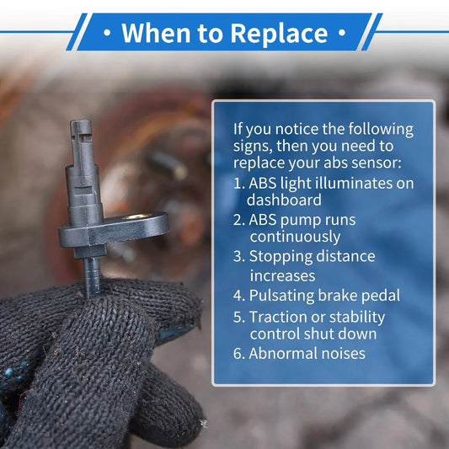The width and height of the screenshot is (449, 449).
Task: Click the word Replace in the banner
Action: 279,34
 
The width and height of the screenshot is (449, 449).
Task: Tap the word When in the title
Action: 156,33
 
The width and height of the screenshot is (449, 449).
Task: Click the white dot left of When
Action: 107,33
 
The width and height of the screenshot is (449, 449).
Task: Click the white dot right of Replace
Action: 342,33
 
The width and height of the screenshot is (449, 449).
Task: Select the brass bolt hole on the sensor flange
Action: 136,216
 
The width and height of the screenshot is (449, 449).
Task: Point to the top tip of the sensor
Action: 81,120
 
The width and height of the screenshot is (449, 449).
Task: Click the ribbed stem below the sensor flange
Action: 92,276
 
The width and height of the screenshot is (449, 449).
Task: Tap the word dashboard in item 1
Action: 284,200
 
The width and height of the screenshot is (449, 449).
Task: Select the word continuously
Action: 295,238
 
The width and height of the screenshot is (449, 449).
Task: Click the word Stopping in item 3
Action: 281,257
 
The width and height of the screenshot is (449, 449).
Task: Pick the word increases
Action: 282,276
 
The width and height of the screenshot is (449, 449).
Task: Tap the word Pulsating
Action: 281,296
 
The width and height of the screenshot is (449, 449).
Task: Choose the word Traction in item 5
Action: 278,317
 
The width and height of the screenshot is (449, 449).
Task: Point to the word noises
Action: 344,353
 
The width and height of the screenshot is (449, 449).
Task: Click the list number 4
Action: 238,296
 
